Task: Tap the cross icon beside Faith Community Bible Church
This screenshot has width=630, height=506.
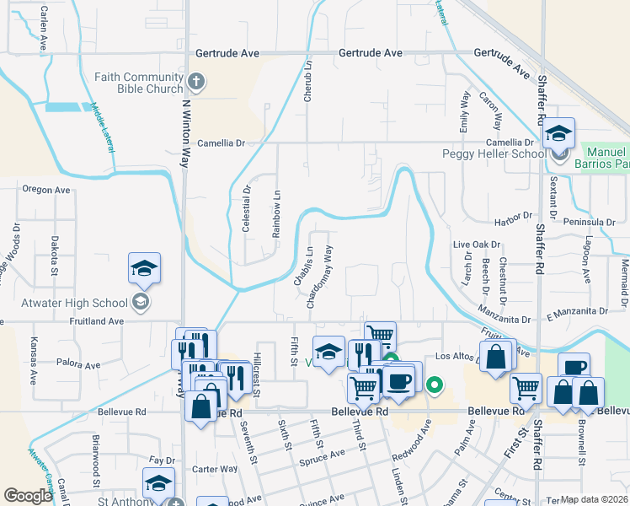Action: (x=196, y=82)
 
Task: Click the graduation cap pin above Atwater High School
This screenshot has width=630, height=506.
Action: (x=144, y=269)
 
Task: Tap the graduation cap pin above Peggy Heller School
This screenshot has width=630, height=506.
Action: (x=558, y=133)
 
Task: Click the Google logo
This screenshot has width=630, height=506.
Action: (x=28, y=495)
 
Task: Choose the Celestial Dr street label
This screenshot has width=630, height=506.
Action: (x=247, y=208)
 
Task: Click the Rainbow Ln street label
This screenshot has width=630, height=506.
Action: (x=275, y=213)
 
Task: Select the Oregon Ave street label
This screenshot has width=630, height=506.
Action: (x=45, y=190)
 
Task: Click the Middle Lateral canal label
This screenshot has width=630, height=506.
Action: (x=102, y=126)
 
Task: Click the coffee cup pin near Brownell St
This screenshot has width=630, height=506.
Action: (x=574, y=368)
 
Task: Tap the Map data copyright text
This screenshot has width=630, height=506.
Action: (x=595, y=499)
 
